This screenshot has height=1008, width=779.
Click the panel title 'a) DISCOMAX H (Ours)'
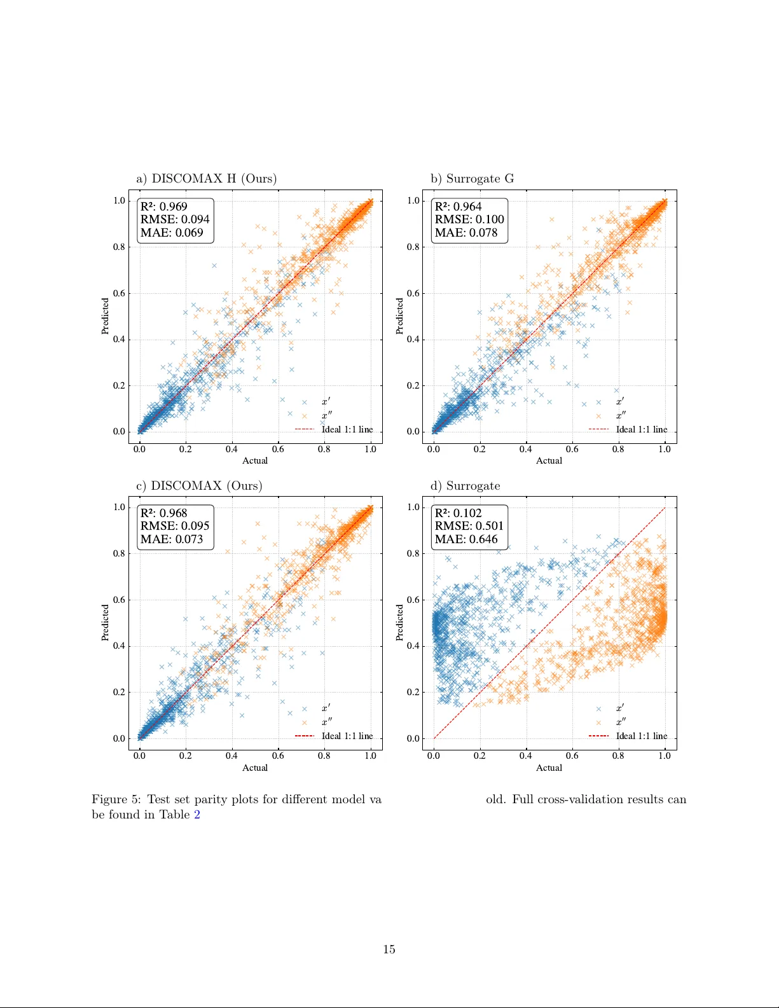click(206, 179)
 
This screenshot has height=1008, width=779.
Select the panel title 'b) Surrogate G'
click(472, 179)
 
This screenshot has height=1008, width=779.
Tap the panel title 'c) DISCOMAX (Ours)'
click(199, 486)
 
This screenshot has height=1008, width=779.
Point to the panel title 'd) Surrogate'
click(465, 486)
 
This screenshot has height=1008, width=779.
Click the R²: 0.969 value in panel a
click(164, 207)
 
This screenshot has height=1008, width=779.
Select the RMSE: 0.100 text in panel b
click(469, 219)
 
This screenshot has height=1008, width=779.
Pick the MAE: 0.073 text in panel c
click(172, 539)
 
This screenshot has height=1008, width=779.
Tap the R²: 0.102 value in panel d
click(458, 513)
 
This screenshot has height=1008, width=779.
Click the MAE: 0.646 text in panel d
click(466, 539)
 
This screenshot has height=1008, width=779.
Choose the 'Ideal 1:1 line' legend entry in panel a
click(347, 430)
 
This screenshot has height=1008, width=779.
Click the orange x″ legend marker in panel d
click(598, 722)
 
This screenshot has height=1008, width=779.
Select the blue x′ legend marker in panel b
click(598, 402)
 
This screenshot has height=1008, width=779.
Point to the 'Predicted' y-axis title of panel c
click(106, 623)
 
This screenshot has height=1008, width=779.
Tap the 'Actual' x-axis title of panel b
click(549, 461)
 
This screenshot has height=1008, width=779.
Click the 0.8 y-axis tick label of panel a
click(119, 247)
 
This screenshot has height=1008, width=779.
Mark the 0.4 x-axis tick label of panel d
click(526, 756)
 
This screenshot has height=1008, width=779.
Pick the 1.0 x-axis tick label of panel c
click(370, 756)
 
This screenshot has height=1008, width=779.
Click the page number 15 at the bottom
click(389, 949)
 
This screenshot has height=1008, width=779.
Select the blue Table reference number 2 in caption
click(197, 815)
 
